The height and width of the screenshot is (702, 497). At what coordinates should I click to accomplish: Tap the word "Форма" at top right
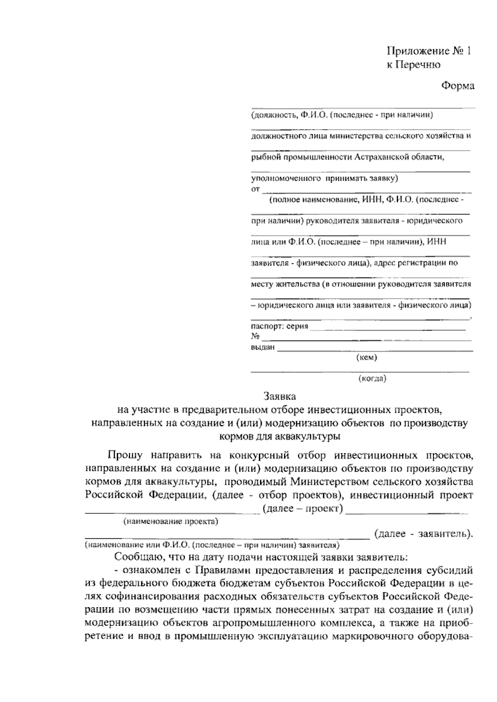[x=457, y=86]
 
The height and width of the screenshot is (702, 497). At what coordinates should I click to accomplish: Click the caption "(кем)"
[x=367, y=357]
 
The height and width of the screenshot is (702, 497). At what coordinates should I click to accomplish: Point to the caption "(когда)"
[x=372, y=378]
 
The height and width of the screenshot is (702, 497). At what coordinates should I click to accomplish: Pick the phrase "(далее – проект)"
[x=303, y=509]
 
